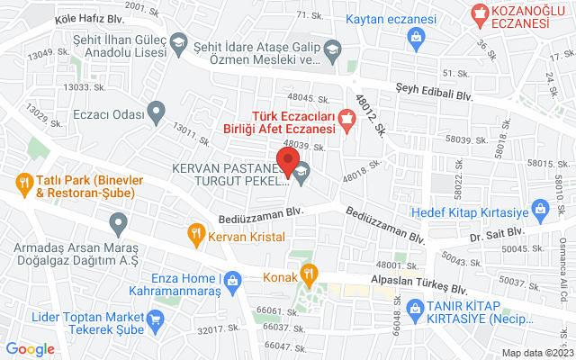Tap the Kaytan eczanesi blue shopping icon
[x=416, y=36]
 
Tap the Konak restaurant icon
[x=308, y=274]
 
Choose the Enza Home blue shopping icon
[x=233, y=280]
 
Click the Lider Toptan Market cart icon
[x=155, y=319]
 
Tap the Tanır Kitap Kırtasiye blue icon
[x=416, y=310]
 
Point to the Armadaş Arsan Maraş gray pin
[x=118, y=221]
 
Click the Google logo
[x=31, y=348]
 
